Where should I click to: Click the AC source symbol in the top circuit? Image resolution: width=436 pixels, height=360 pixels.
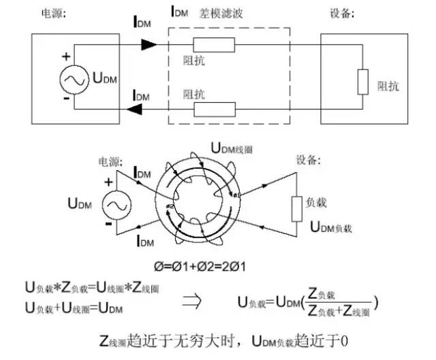click(72, 80)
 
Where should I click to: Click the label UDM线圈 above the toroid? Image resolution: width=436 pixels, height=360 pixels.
click(233, 148)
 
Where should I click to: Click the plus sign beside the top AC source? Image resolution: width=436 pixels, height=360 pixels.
click(66, 57)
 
